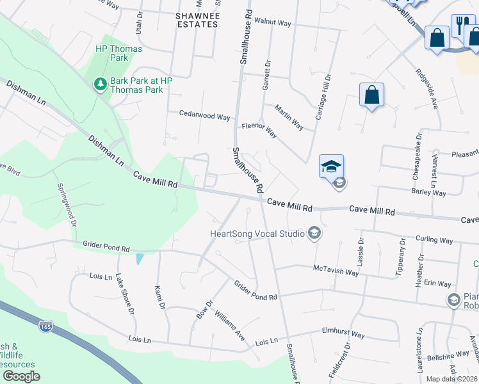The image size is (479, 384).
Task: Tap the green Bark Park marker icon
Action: [100, 84]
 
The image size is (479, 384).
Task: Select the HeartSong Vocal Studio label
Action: [257, 234]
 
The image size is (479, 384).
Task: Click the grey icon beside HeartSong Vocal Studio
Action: [314, 234]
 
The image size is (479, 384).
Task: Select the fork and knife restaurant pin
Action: [461, 26]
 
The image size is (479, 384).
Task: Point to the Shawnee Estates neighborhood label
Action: [197, 19]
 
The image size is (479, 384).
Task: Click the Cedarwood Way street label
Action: [204, 116]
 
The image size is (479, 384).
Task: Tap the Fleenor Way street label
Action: [259, 130]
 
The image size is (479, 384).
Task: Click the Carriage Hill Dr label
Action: [324, 96]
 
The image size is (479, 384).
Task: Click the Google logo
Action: [21, 376]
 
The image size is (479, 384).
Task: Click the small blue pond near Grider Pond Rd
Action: [140, 259]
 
